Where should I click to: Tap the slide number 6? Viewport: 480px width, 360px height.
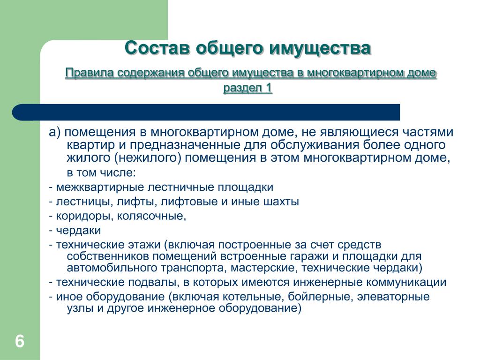20,341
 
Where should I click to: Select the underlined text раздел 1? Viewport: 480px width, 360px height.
247,88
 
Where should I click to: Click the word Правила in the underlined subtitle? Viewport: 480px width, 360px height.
90,73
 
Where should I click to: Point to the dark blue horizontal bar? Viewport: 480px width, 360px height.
206,112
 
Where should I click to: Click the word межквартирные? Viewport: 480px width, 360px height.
100,187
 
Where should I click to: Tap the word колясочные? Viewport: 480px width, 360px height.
151,216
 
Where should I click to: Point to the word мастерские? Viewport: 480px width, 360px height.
264,268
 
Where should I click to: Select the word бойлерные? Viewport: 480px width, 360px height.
320,297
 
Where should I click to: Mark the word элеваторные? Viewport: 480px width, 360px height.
393,297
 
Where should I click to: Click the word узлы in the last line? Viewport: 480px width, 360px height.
80,308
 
